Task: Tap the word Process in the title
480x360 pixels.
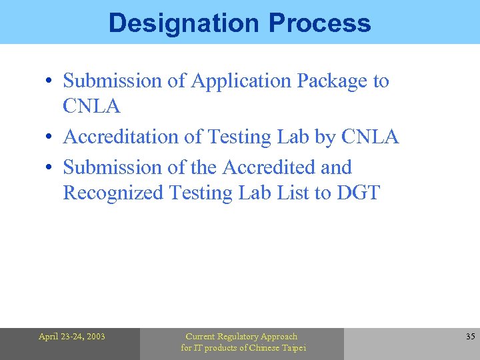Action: [x=319, y=23]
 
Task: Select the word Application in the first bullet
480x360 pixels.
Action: [x=241, y=81]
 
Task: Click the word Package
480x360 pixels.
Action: [x=332, y=81]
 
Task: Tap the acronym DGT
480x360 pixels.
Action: [x=358, y=193]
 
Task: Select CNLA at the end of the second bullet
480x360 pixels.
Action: [x=369, y=137]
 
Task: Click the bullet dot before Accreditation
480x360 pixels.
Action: [x=49, y=138]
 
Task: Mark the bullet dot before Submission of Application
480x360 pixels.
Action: [x=49, y=82]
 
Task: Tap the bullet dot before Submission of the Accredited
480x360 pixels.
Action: [x=49, y=168]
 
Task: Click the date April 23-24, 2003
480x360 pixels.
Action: [x=71, y=337]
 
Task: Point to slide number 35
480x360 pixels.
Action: [x=470, y=337]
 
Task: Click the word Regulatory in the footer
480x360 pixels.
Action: [x=241, y=337]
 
